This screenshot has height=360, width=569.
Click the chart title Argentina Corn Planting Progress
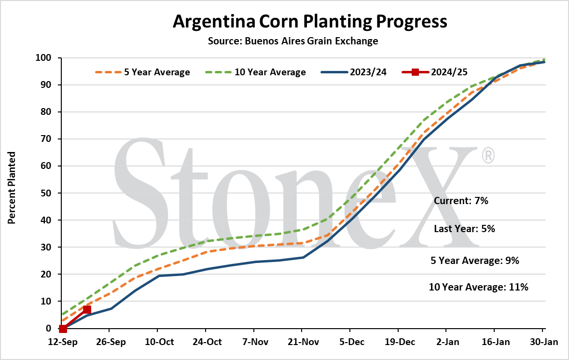(310, 22)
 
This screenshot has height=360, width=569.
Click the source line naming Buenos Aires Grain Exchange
(293, 41)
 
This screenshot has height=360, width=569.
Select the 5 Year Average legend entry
(143, 72)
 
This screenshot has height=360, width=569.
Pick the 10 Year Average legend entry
(255, 72)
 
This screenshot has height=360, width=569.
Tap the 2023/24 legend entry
(354, 72)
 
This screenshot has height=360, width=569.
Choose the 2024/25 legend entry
(435, 72)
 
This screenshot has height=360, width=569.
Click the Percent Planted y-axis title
(12, 188)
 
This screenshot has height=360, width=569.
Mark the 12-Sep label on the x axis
(63, 342)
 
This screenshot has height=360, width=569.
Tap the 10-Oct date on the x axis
(159, 342)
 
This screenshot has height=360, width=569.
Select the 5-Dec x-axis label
(352, 342)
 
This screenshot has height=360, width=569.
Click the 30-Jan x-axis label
(543, 342)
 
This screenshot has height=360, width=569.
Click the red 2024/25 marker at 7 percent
(87, 309)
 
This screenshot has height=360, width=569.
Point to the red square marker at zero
(63, 329)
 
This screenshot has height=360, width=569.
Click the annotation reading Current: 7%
(461, 201)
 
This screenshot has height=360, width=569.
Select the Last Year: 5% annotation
(464, 229)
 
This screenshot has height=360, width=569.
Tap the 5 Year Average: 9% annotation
(475, 261)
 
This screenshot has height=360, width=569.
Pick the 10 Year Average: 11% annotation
(479, 287)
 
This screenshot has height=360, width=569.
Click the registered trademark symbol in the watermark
(488, 155)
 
